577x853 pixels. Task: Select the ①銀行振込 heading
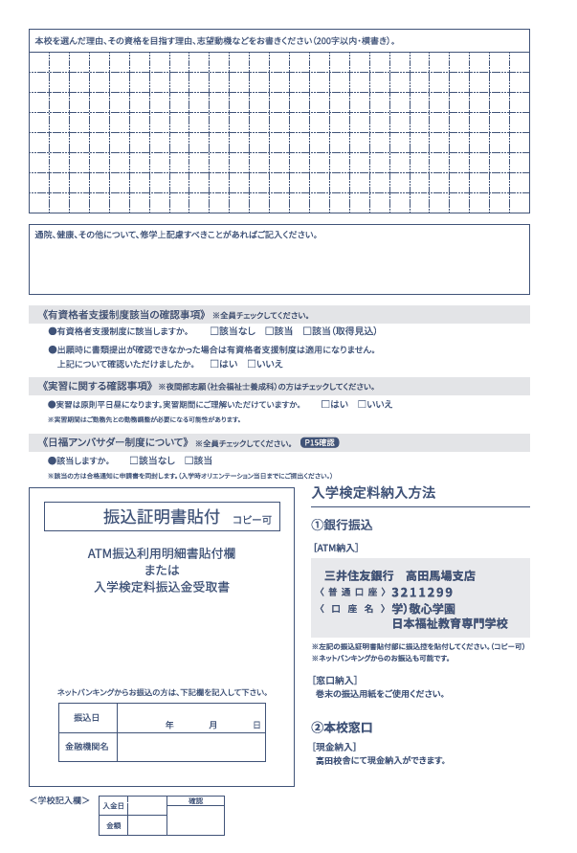[342, 525]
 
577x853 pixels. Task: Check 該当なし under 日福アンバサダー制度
[134, 460]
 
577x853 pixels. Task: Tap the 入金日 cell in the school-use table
[113, 806]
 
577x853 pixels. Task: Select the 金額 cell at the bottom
[113, 824]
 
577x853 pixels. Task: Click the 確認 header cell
[195, 799]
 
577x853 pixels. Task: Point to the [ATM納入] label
[335, 548]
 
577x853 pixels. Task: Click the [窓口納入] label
[335, 679]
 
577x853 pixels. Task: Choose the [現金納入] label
[335, 746]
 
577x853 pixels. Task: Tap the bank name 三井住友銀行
[359, 575]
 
